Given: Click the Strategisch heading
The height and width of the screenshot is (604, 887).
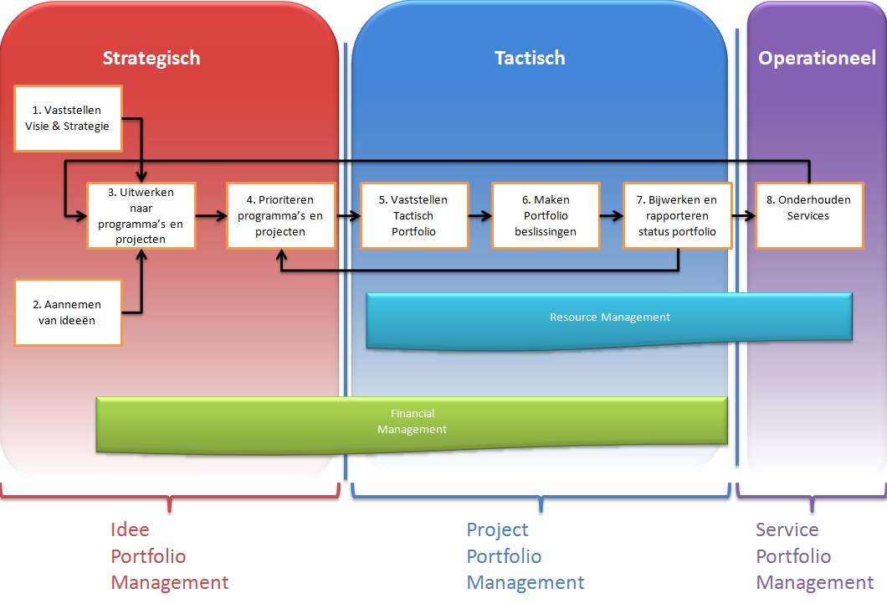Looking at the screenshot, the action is [151, 59].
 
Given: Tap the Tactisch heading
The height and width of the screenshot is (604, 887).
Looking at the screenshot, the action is [530, 58].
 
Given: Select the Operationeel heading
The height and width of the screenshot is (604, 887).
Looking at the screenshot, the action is [817, 58].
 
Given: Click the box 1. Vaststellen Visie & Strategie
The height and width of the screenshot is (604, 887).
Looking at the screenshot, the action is [68, 118].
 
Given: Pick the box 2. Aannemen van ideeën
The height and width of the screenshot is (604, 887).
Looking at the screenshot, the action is [68, 312].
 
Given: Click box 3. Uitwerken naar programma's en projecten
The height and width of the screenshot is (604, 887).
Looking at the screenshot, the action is [141, 215].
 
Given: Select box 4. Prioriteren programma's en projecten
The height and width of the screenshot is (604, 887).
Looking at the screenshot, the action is [281, 215].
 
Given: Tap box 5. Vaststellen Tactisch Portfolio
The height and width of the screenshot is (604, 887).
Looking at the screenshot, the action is [415, 215].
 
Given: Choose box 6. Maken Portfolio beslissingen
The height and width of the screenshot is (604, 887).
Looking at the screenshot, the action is [546, 215].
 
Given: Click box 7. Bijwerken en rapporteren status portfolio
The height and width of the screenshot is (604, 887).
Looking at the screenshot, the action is [678, 215].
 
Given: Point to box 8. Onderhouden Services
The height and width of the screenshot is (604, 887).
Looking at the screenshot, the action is [809, 215].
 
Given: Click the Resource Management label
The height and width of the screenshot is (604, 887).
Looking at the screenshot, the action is [610, 317].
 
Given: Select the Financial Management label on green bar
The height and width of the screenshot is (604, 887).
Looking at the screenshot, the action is [412, 421].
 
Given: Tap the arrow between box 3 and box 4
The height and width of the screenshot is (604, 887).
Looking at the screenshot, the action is [212, 215].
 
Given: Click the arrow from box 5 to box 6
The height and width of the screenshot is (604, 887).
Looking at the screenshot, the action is [480, 215].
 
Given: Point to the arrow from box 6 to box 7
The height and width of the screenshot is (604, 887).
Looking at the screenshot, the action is [612, 215].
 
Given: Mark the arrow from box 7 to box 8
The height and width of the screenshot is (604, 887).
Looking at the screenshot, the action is [744, 215].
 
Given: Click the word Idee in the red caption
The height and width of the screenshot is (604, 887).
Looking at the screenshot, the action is [130, 529].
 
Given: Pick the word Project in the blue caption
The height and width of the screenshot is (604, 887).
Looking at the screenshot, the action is [497, 530].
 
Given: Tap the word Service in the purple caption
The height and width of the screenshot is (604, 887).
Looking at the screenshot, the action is [787, 529].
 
